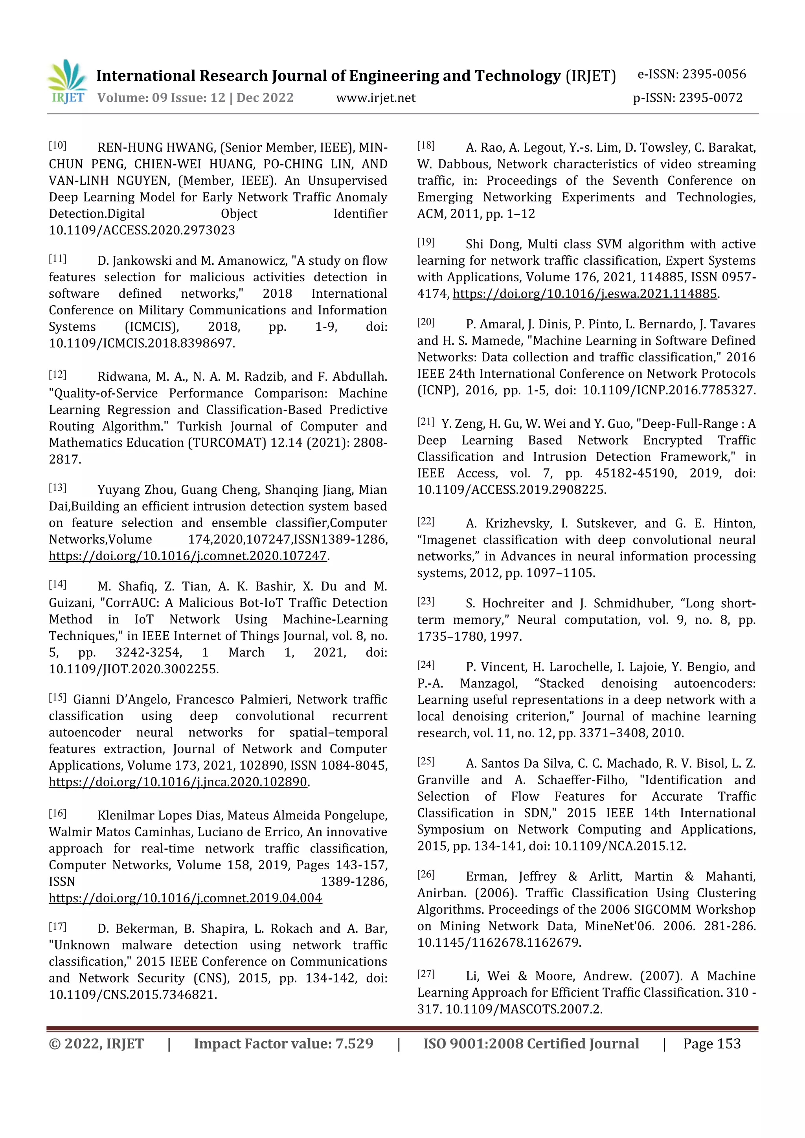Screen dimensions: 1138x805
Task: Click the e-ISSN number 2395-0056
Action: (714, 74)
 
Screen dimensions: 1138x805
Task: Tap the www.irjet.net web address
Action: (375, 98)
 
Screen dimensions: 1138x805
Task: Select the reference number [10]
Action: (57, 146)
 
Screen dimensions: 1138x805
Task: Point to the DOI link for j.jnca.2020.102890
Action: (178, 782)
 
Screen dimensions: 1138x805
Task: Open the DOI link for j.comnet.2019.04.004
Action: (185, 898)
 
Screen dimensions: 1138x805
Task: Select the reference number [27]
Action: (426, 974)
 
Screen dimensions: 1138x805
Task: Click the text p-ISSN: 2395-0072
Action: (687, 98)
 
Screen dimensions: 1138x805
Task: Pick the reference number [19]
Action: (426, 242)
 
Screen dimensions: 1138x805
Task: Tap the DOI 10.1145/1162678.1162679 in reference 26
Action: (498, 942)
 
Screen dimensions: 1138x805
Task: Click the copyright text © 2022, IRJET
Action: (96, 1043)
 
